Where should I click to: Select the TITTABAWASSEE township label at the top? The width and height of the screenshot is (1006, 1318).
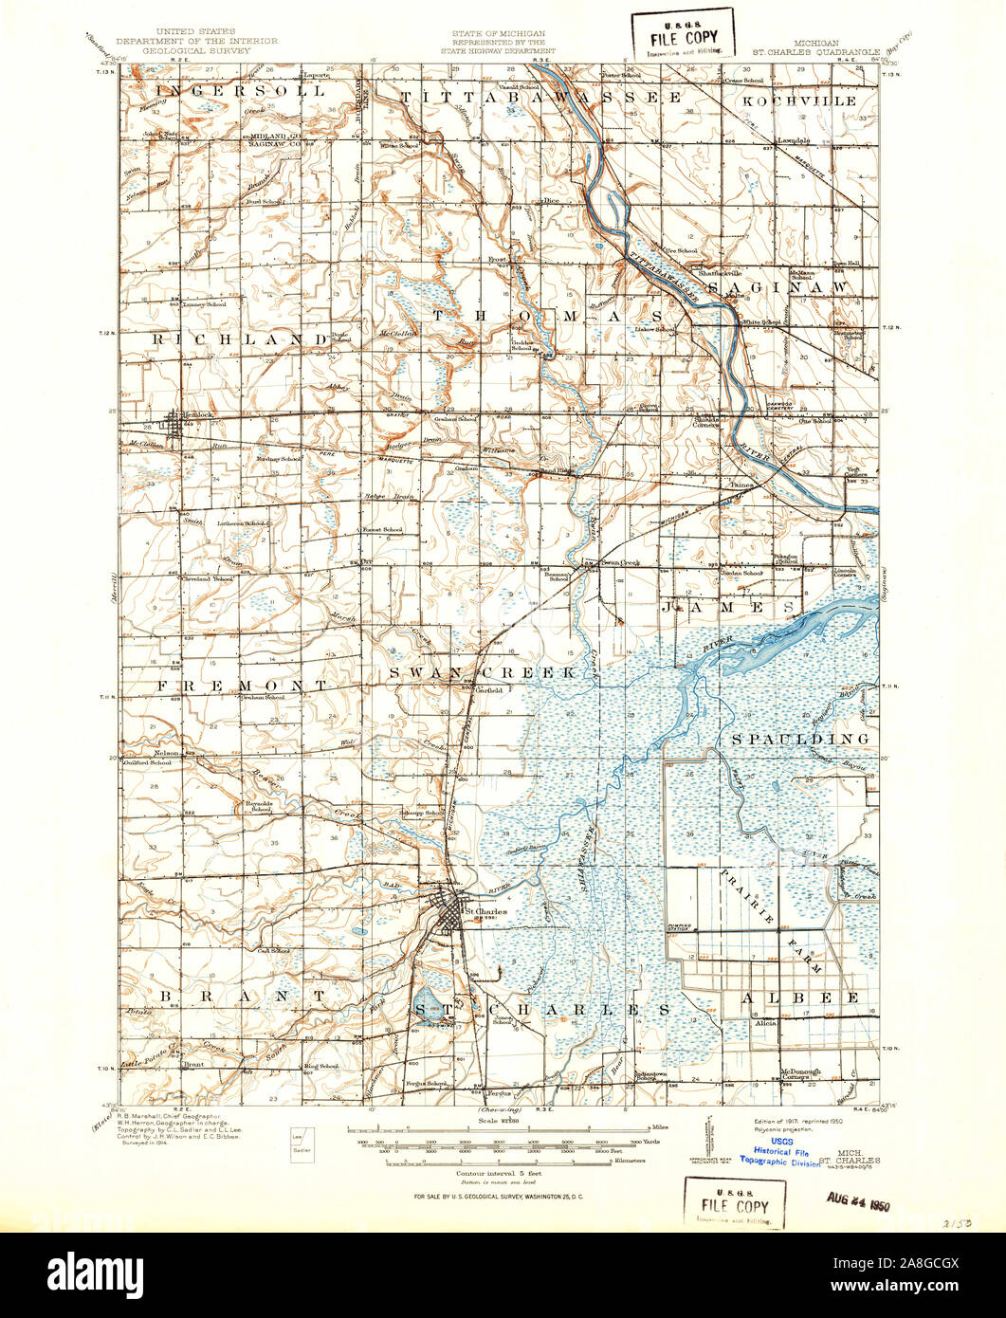point(540,98)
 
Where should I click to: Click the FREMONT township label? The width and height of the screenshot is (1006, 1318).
point(242,684)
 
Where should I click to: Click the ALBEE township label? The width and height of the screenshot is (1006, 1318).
point(800,998)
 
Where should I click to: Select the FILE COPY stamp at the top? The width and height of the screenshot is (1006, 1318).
point(684,33)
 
